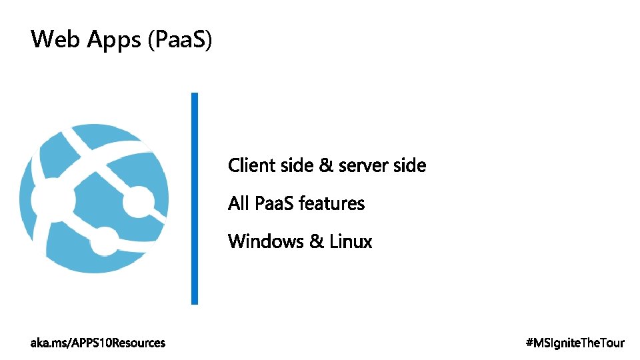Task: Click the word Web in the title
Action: click(x=53, y=40)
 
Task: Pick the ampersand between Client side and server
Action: click(x=326, y=165)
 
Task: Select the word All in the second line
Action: click(x=239, y=203)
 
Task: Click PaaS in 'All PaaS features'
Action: click(x=275, y=203)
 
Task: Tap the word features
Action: click(x=332, y=203)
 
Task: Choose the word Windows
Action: click(x=265, y=241)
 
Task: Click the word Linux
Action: click(x=351, y=241)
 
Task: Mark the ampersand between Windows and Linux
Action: click(x=316, y=241)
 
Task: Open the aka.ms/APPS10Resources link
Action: click(x=98, y=343)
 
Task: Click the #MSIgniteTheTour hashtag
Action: click(x=575, y=343)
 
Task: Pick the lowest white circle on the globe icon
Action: click(x=103, y=241)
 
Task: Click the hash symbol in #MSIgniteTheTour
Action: click(x=529, y=343)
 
